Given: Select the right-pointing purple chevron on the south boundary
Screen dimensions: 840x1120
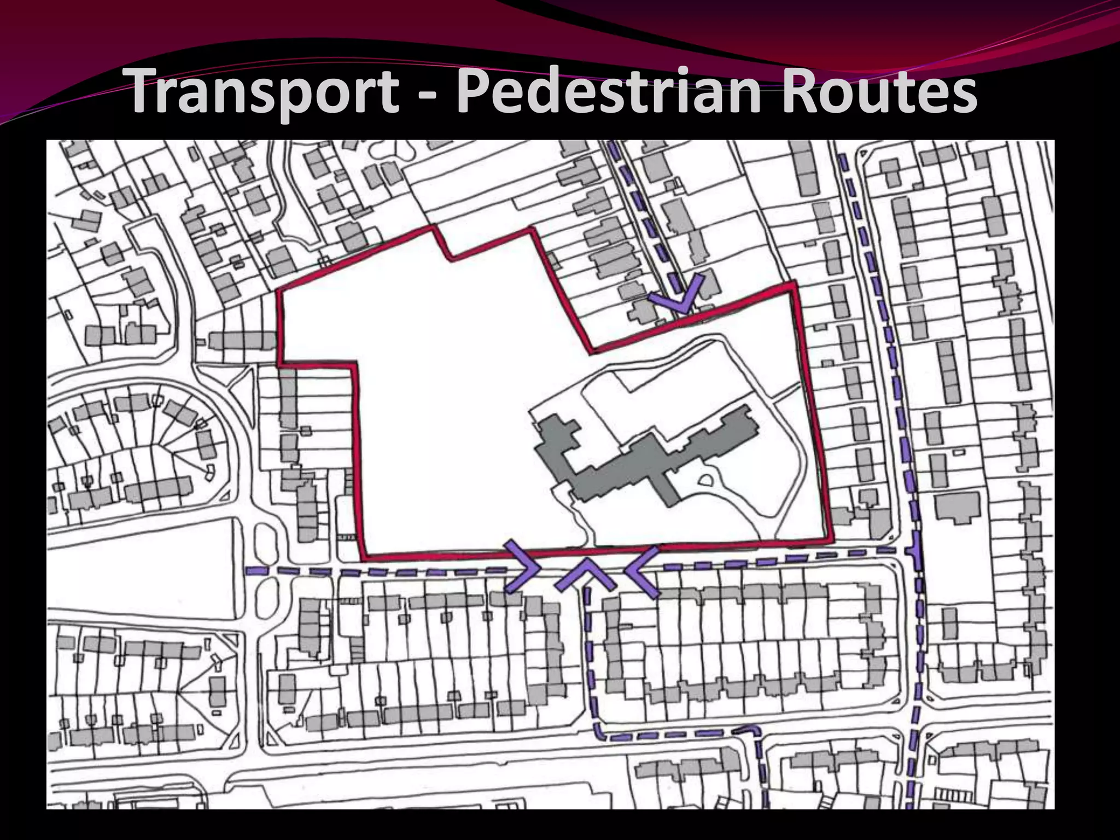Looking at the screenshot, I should [522, 567].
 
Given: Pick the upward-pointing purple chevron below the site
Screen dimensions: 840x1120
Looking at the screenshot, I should [585, 574].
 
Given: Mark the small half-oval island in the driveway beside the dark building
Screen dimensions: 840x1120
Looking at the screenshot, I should [705, 481].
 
